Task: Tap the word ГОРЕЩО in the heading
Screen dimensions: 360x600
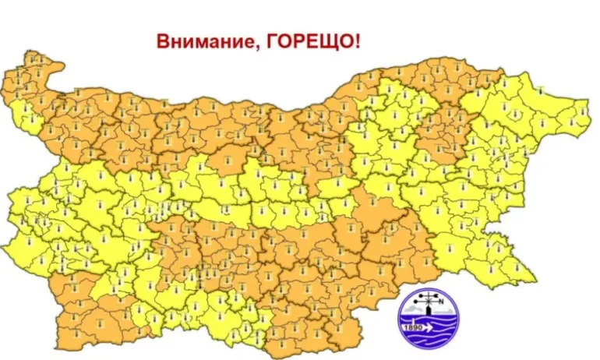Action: point(308,40)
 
